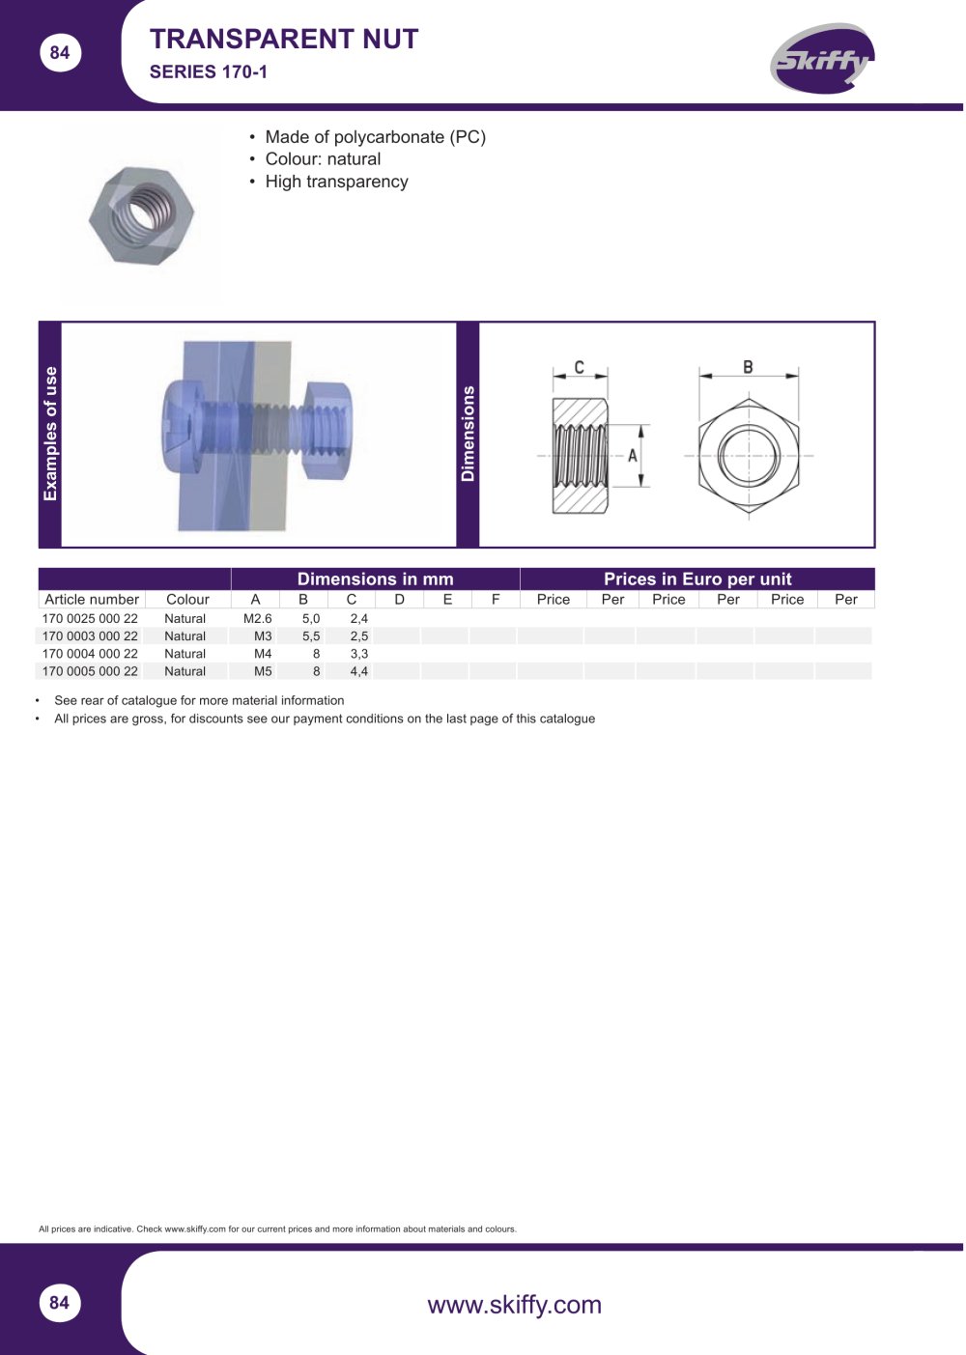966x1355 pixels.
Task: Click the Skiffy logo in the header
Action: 821,59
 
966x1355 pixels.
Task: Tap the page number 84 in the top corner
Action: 59,53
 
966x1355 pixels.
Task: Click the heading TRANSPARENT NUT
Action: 284,40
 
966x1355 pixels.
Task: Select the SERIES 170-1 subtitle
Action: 208,72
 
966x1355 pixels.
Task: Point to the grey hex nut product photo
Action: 141,215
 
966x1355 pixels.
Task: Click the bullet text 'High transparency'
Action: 336,182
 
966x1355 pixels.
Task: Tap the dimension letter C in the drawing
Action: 579,367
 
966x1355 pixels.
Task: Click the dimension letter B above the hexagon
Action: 748,367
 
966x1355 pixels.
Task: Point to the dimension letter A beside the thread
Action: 632,456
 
